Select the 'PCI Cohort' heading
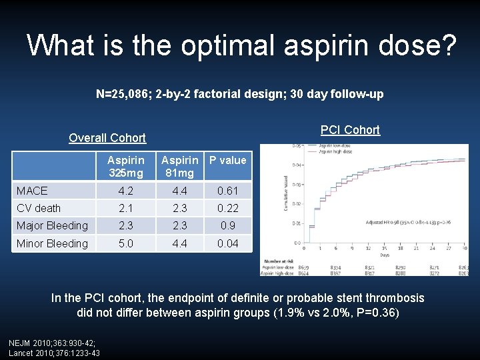[x=350, y=130]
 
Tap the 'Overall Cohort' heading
[x=107, y=138]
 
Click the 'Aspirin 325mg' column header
[x=125, y=167]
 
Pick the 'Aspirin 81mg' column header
[x=179, y=167]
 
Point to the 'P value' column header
[x=227, y=160]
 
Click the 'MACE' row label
[x=32, y=191]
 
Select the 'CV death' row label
[x=39, y=208]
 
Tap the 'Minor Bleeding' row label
[x=52, y=243]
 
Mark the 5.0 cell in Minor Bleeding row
[x=125, y=243]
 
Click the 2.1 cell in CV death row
[x=125, y=208]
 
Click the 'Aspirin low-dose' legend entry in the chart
[x=337, y=145]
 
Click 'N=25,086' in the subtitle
[x=123, y=94]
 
